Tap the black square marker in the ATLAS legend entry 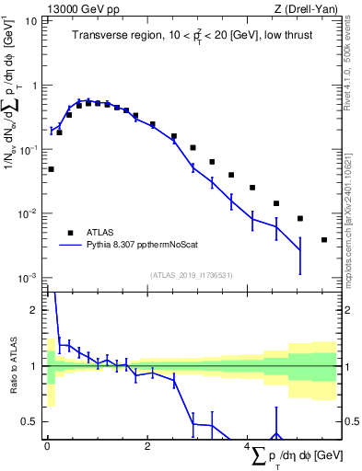pyautogui.click(x=69, y=233)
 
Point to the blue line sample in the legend pyautogui.click(x=69, y=246)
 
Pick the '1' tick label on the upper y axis pyautogui.click(x=34, y=85)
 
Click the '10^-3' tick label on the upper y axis pyautogui.click(x=29, y=278)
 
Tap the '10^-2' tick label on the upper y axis pyautogui.click(x=29, y=213)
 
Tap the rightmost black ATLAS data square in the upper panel pyautogui.click(x=324, y=240)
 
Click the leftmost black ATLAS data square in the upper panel pyautogui.click(x=51, y=169)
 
